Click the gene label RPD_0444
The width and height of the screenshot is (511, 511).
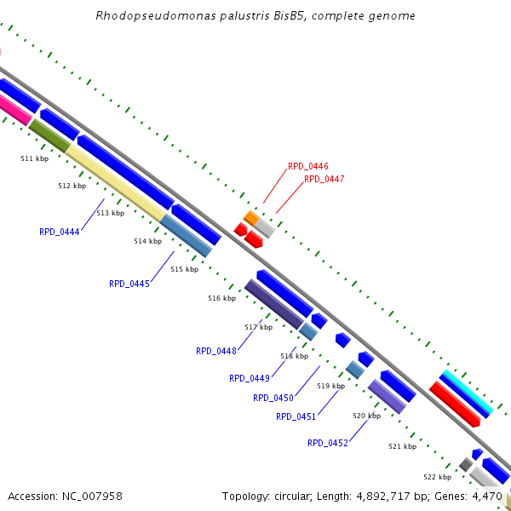click(60, 232)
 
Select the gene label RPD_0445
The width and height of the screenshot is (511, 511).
click(129, 284)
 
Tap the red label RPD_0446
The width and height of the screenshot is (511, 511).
click(308, 167)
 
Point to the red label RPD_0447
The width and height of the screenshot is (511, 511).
click(324, 179)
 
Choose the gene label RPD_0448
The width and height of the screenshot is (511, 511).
click(216, 351)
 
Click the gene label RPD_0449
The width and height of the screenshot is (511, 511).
click(250, 378)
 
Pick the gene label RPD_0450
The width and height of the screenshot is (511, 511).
click(273, 398)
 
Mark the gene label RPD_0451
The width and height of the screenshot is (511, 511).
click(296, 416)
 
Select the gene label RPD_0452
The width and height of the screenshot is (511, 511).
click(328, 443)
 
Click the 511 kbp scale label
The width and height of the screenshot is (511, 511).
click(34, 158)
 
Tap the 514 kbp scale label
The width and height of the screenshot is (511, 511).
click(147, 241)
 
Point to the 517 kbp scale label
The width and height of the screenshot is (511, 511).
click(258, 327)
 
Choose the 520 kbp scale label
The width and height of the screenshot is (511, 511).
click(366, 416)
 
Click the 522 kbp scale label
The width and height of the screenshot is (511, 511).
click(437, 477)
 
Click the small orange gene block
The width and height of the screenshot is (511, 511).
click(251, 218)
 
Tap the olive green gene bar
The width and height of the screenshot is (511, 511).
click(49, 135)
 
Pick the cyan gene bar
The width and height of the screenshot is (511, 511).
click(468, 392)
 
